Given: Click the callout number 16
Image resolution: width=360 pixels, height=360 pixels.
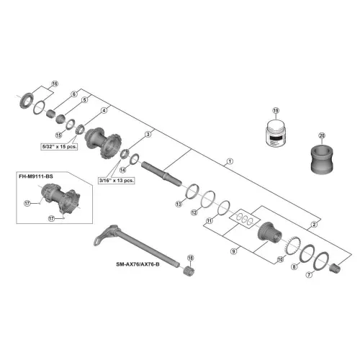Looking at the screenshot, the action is (55, 84).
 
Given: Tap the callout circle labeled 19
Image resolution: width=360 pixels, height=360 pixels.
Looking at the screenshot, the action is (276, 110).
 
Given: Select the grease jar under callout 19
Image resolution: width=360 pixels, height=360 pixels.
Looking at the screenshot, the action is (276, 133).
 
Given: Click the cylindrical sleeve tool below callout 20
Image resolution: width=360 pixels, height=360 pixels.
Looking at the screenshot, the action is (322, 159).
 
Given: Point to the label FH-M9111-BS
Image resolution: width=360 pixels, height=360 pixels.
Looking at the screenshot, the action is (36, 176).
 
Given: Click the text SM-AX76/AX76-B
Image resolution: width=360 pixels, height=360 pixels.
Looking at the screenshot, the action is (138, 264).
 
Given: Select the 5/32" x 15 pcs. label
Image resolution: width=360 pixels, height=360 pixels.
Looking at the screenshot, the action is (59, 146).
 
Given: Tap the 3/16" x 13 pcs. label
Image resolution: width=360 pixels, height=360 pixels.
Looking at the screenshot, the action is (117, 180).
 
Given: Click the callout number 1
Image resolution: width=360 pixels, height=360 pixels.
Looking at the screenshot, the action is (230, 161).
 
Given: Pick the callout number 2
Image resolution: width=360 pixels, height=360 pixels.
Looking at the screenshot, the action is (314, 225).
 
